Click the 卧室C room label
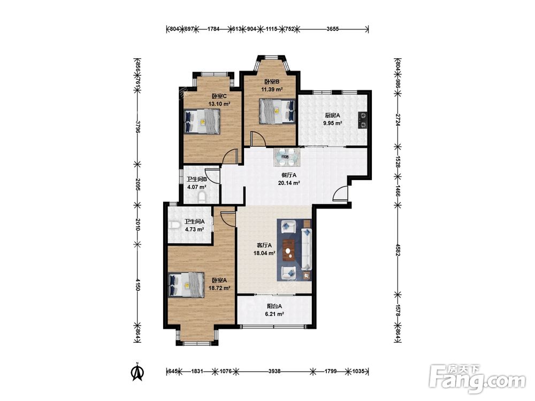219,96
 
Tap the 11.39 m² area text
272,90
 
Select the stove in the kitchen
363,120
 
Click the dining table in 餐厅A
287,157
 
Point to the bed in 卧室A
187,285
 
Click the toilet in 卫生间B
202,197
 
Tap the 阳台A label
274,306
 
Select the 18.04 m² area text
264,253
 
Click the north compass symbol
137,372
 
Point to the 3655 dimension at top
332,29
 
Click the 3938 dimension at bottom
274,371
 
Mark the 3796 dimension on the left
137,126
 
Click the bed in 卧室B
277,111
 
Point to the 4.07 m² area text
197,187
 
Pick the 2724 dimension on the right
398,120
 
